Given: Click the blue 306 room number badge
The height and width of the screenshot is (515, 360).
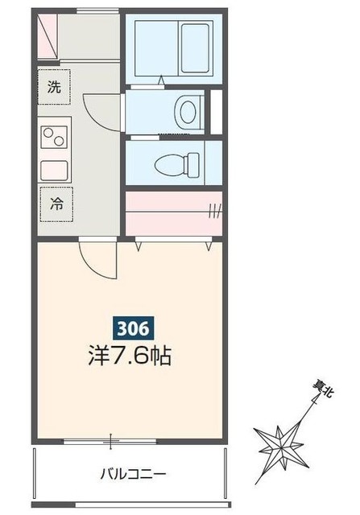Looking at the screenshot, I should [x=128, y=328].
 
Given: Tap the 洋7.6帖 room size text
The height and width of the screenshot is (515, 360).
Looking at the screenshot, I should [x=130, y=356].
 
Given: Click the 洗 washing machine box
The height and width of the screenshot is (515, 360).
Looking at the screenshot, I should [x=54, y=88].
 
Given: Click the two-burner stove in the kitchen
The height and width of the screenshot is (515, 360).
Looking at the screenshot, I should [x=54, y=139].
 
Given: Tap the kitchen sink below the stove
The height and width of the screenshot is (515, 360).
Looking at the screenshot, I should [x=54, y=170].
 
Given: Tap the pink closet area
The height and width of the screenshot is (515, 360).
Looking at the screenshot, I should [x=173, y=212].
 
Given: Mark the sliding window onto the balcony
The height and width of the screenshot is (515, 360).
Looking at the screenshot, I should [x=113, y=440].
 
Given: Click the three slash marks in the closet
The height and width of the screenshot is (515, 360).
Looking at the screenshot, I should [x=213, y=212].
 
